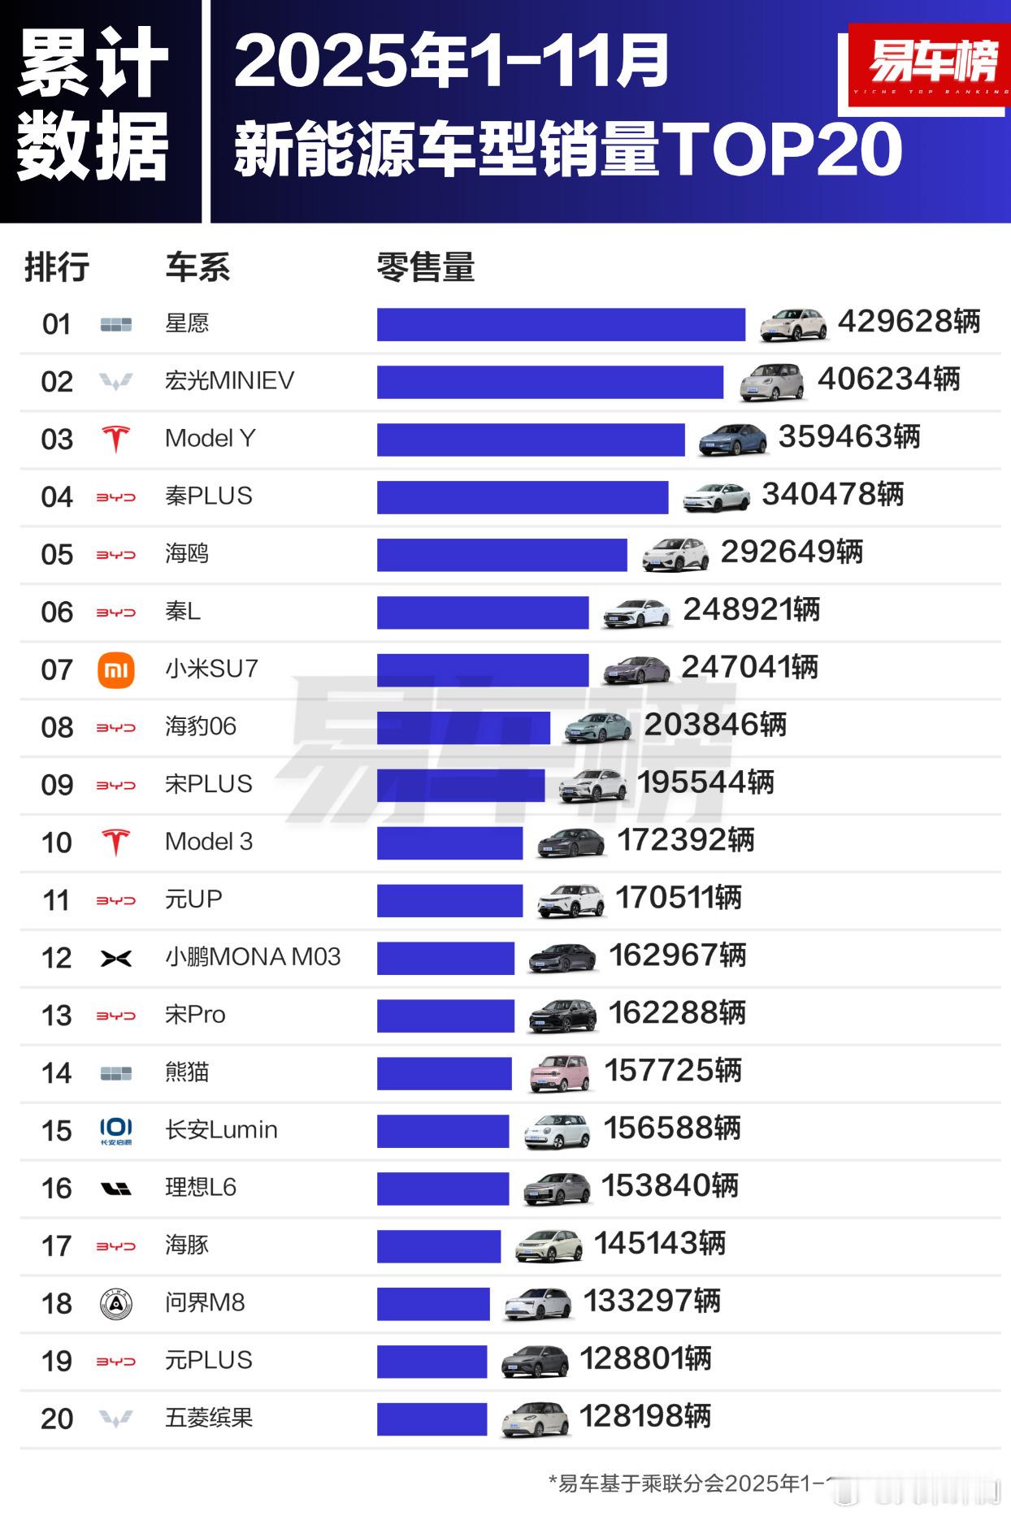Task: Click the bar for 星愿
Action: pos(561,324)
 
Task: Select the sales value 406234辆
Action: pos(888,379)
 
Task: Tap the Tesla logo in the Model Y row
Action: pos(115,439)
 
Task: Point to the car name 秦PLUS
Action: pos(209,496)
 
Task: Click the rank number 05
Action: pos(57,555)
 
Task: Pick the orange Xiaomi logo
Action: pos(115,670)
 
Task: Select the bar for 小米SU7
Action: pos(483,670)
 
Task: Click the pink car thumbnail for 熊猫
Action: pos(559,1073)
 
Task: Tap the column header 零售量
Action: pos(425,267)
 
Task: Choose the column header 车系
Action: pos(197,267)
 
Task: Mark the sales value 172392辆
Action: pos(686,841)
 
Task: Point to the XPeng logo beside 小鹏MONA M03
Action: pos(115,959)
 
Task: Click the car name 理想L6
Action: pos(201,1188)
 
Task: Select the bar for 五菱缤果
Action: pos(432,1419)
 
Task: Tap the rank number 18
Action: pos(57,1304)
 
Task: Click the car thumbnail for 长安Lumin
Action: pos(557,1131)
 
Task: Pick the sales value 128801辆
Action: pos(645,1359)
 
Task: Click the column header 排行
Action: pos(56,267)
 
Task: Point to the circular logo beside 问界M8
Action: pos(115,1304)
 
